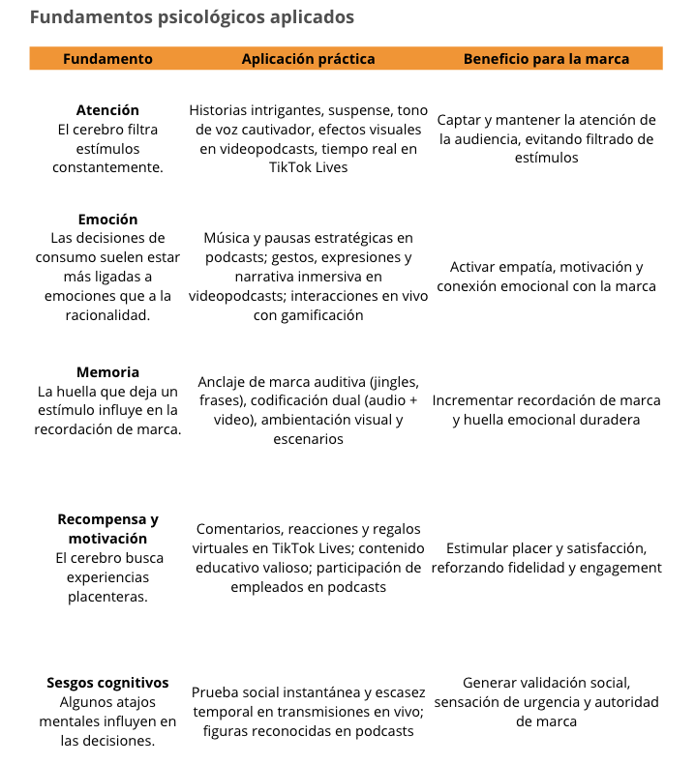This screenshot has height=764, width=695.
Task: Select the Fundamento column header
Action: pos(107,59)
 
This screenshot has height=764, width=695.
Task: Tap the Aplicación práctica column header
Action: pos(308,59)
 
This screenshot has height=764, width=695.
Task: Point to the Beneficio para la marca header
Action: pos(546,59)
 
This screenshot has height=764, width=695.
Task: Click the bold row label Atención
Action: pos(107,110)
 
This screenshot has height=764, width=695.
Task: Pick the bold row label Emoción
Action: pos(107,220)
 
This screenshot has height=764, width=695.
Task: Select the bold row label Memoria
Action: pos(107,372)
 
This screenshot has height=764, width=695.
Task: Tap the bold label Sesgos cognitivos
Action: pos(107,683)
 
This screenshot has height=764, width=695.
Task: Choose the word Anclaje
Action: pos(225,382)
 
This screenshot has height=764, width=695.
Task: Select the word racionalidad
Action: pos(107,315)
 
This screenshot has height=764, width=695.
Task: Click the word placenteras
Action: pos(107,597)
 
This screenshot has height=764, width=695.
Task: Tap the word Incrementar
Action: pos(476,400)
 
